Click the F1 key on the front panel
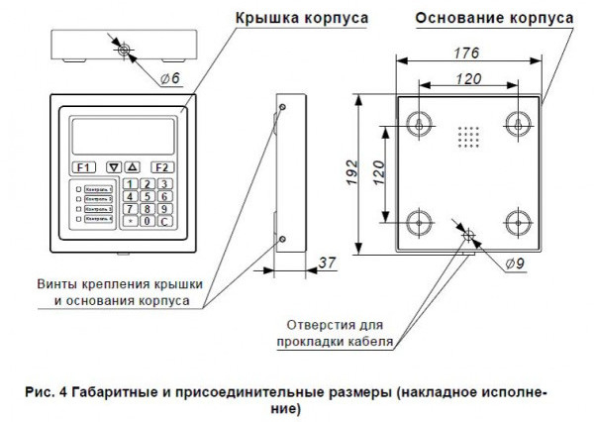[83, 167]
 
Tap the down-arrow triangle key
[115, 167]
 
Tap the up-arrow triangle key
[134, 167]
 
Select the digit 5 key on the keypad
[147, 196]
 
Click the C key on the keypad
[165, 221]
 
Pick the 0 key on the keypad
[147, 221]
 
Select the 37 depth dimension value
[327, 263]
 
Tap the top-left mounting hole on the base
[422, 122]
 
